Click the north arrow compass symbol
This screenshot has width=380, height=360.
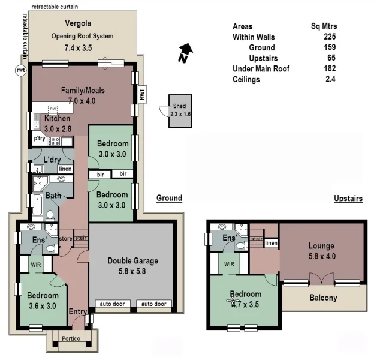186,53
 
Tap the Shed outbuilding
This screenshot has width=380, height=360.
179,110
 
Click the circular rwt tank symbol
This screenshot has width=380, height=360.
20,70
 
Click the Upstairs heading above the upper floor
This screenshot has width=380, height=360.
348,199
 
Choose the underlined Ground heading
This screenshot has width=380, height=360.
169,198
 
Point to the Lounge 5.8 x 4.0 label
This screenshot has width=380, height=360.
321,251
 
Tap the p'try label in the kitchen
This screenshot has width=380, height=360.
40,139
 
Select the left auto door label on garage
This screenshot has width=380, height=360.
111,304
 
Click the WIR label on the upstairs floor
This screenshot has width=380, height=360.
229,263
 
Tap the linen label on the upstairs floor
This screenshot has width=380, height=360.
271,243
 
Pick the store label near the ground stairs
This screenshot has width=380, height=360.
65,238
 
